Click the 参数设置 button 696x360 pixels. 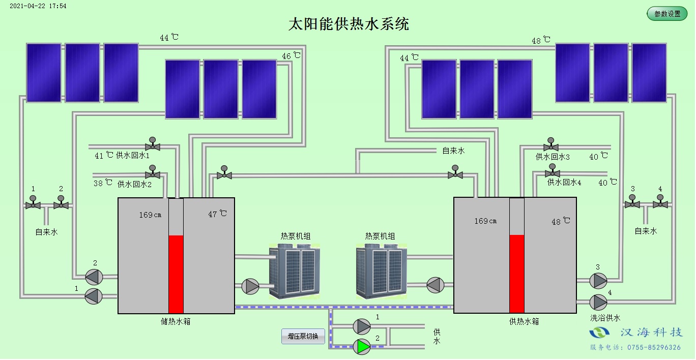pyautogui.click(x=667, y=14)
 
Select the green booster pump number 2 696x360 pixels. pyautogui.click(x=362, y=346)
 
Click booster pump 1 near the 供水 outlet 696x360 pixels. pyautogui.click(x=362, y=326)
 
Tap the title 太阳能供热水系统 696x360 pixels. pyautogui.click(x=349, y=24)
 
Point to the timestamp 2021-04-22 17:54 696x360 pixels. pyautogui.click(x=38, y=6)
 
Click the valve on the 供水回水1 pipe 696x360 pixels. pyautogui.click(x=152, y=146)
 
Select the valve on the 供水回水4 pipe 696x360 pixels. pyautogui.click(x=553, y=172)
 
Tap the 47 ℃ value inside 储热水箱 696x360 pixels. pyautogui.click(x=218, y=214)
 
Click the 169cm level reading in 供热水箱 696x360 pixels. pyautogui.click(x=485, y=221)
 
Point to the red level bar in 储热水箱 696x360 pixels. pyautogui.click(x=176, y=274)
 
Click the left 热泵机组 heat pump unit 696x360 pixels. pyautogui.click(x=295, y=271)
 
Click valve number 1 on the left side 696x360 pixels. pyautogui.click(x=33, y=204)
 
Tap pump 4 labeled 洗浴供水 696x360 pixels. pyautogui.click(x=598, y=302)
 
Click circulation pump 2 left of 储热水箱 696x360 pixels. pyautogui.click(x=94, y=277)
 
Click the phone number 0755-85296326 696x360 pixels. pyautogui.click(x=653, y=347)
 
